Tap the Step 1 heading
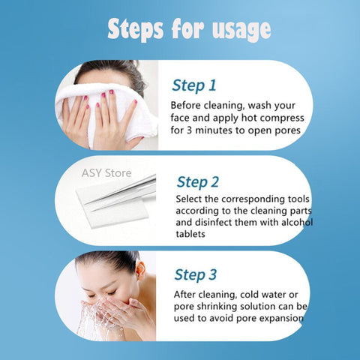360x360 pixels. pyautogui.click(x=193, y=84)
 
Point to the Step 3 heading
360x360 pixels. pyautogui.click(x=195, y=274)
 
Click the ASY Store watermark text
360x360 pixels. pyautogui.click(x=105, y=174)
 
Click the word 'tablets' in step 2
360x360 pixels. pyautogui.click(x=193, y=234)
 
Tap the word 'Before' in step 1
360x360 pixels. pyautogui.click(x=187, y=106)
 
